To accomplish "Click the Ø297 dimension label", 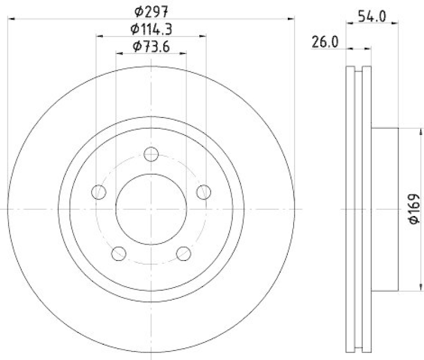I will [149, 10].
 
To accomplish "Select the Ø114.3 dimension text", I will [152, 28].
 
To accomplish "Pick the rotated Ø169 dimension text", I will [414, 210].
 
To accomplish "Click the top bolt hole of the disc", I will [152, 154].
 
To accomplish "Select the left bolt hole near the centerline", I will [99, 192].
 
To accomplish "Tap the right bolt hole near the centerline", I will [204, 192].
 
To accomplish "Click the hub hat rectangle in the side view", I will [384, 210].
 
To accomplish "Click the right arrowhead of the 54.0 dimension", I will [395, 22].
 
